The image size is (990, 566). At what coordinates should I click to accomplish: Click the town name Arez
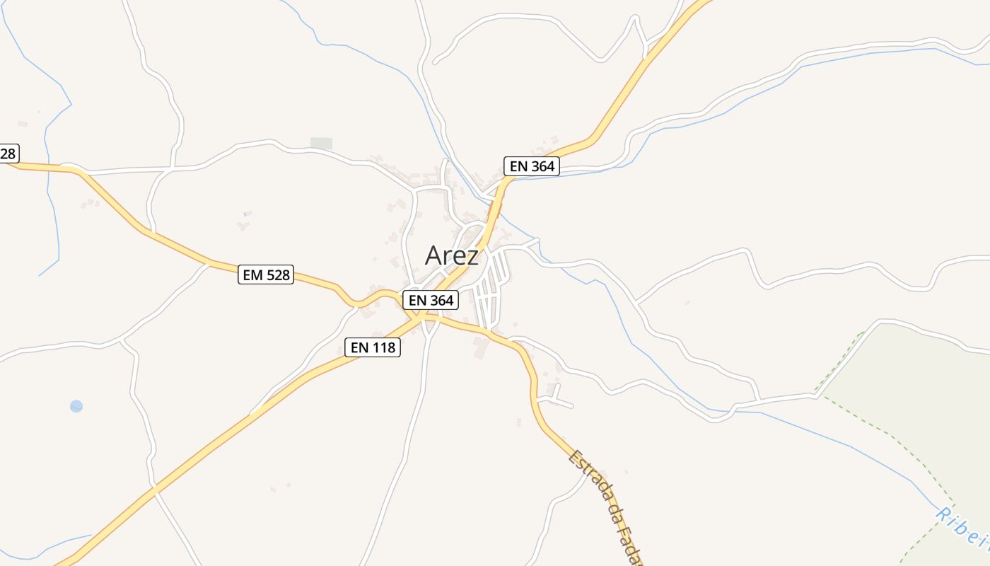(451, 255)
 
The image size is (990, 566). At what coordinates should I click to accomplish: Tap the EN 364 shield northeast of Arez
(532, 167)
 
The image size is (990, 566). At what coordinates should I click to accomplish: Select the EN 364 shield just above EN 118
(431, 300)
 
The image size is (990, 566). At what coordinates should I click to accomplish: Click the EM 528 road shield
(265, 275)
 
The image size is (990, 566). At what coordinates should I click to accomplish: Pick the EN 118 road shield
(373, 347)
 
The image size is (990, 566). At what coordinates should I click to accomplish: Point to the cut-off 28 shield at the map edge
(8, 154)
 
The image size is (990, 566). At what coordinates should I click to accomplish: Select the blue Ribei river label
(962, 526)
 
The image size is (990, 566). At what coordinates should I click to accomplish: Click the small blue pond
(76, 406)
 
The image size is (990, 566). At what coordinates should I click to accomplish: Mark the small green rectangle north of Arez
(321, 144)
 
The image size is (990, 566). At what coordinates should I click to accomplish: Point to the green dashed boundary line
(884, 429)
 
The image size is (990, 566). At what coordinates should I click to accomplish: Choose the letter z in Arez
(472, 258)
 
